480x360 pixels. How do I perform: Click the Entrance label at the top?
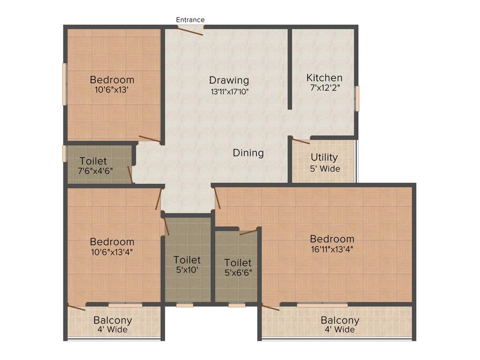(190, 20)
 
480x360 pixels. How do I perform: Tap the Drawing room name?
(229, 80)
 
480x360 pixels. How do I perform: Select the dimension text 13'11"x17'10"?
(229, 92)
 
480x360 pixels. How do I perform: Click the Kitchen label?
(324, 78)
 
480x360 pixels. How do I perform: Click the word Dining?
(248, 153)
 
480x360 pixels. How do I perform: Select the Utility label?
(324, 157)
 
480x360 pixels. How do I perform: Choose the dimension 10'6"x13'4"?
(112, 252)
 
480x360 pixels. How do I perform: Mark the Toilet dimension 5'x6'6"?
(238, 272)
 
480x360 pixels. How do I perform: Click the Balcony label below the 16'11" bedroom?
(340, 321)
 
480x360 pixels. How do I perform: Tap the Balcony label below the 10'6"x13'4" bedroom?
(112, 321)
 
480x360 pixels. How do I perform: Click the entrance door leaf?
(190, 30)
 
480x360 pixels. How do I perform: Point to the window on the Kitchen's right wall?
(357, 98)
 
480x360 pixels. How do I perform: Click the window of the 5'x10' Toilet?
(185, 305)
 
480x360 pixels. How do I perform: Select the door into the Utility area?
(301, 140)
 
